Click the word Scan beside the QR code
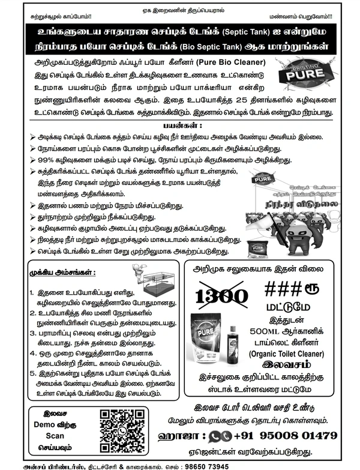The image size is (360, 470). click(55, 436)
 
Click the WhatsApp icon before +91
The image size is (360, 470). click(221, 435)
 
